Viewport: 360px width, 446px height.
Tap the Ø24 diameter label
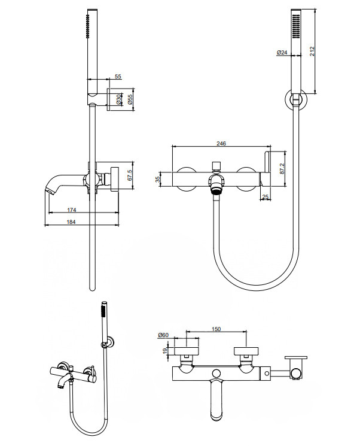[282, 53]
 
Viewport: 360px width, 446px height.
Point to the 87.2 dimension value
[282, 170]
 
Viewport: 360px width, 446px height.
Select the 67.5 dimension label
[129, 175]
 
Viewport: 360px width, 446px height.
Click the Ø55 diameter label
[130, 98]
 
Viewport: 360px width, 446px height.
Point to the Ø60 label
[162, 335]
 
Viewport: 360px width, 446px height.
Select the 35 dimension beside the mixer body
[158, 179]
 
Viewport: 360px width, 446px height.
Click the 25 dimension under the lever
[265, 196]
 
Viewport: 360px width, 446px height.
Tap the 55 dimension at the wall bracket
[118, 77]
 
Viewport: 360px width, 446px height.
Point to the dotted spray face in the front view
[295, 26]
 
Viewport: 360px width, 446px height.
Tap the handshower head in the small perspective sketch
[102, 312]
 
